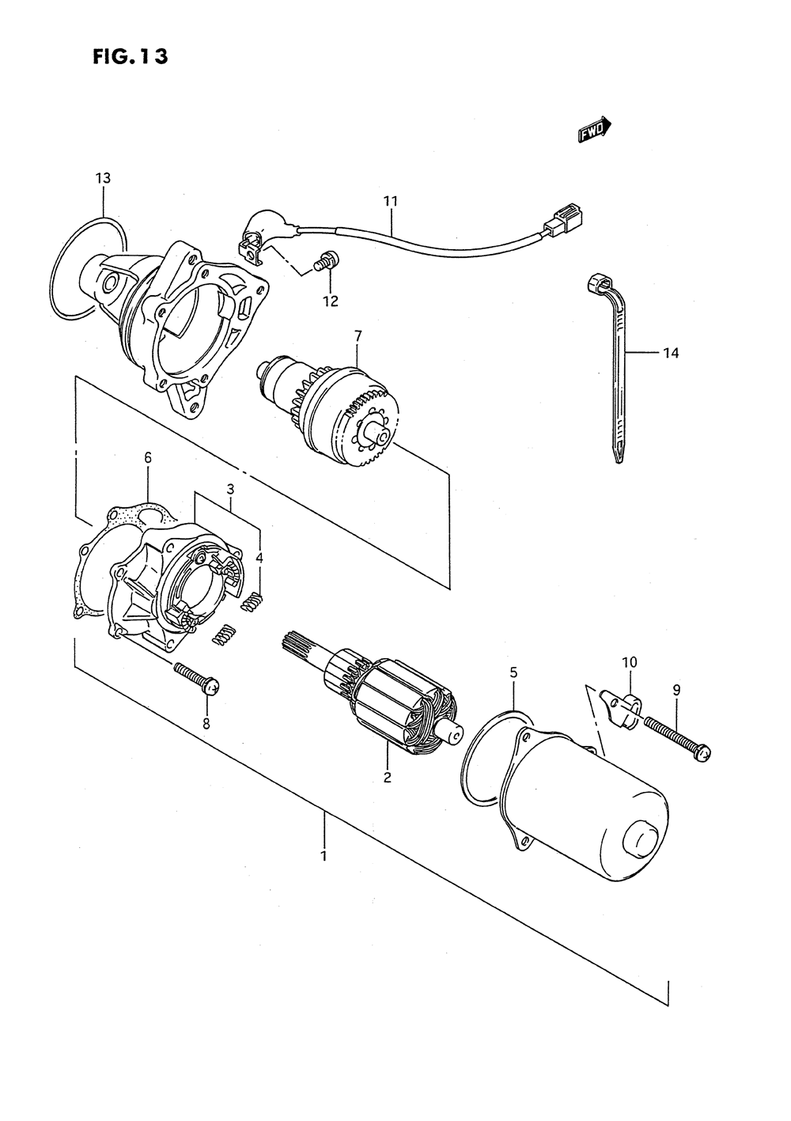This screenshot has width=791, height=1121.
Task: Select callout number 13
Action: point(103,178)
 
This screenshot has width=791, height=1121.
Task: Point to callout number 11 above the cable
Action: point(390,201)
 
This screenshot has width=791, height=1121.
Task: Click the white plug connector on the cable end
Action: point(565,217)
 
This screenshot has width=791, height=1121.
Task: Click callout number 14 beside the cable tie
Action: point(670,353)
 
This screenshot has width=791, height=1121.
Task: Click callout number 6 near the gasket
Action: point(147,457)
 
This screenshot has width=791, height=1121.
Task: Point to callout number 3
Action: point(230,488)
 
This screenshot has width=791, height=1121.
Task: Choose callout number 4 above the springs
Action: point(259,557)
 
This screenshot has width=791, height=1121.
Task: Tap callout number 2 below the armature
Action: point(387,778)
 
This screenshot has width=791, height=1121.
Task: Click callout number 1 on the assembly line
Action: point(323,856)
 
